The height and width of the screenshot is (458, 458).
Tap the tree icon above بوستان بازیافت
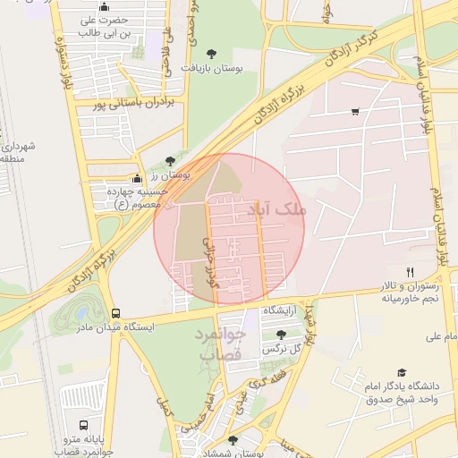point(211,53)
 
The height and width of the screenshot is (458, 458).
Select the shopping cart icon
point(355,112)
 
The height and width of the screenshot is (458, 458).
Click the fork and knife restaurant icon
point(410,271)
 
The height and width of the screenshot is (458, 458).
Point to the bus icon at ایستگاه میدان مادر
point(115,313)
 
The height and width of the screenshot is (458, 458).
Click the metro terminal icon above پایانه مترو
point(83,425)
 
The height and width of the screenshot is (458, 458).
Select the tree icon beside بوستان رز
point(170,161)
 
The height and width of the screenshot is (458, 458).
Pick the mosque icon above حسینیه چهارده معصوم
point(136,178)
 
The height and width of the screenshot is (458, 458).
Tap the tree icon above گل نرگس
point(280,334)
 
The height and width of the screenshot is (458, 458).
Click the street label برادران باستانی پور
point(137,103)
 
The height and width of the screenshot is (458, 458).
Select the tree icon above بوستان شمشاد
point(233,440)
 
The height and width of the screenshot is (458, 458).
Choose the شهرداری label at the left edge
point(16,151)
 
